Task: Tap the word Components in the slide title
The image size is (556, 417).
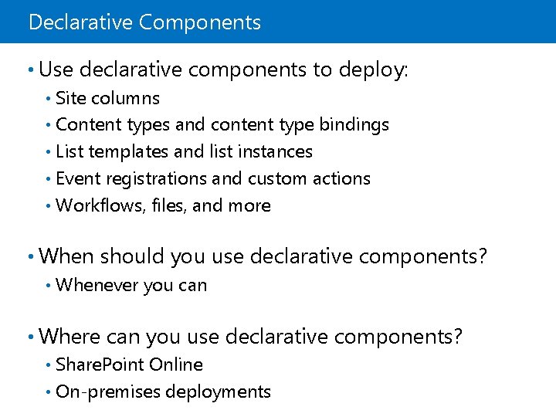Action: pos(200,22)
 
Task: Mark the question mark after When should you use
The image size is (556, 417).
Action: pos(483,256)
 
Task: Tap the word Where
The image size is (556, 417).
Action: pos(69,337)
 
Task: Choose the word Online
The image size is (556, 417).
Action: pos(176,365)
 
